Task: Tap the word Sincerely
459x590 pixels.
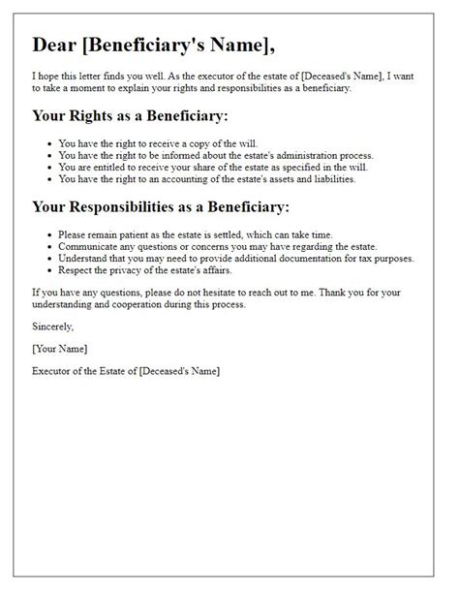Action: coord(52,327)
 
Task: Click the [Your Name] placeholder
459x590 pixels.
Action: coord(60,349)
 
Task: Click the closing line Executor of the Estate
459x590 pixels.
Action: coord(126,371)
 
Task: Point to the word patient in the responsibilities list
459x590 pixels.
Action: coord(137,234)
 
